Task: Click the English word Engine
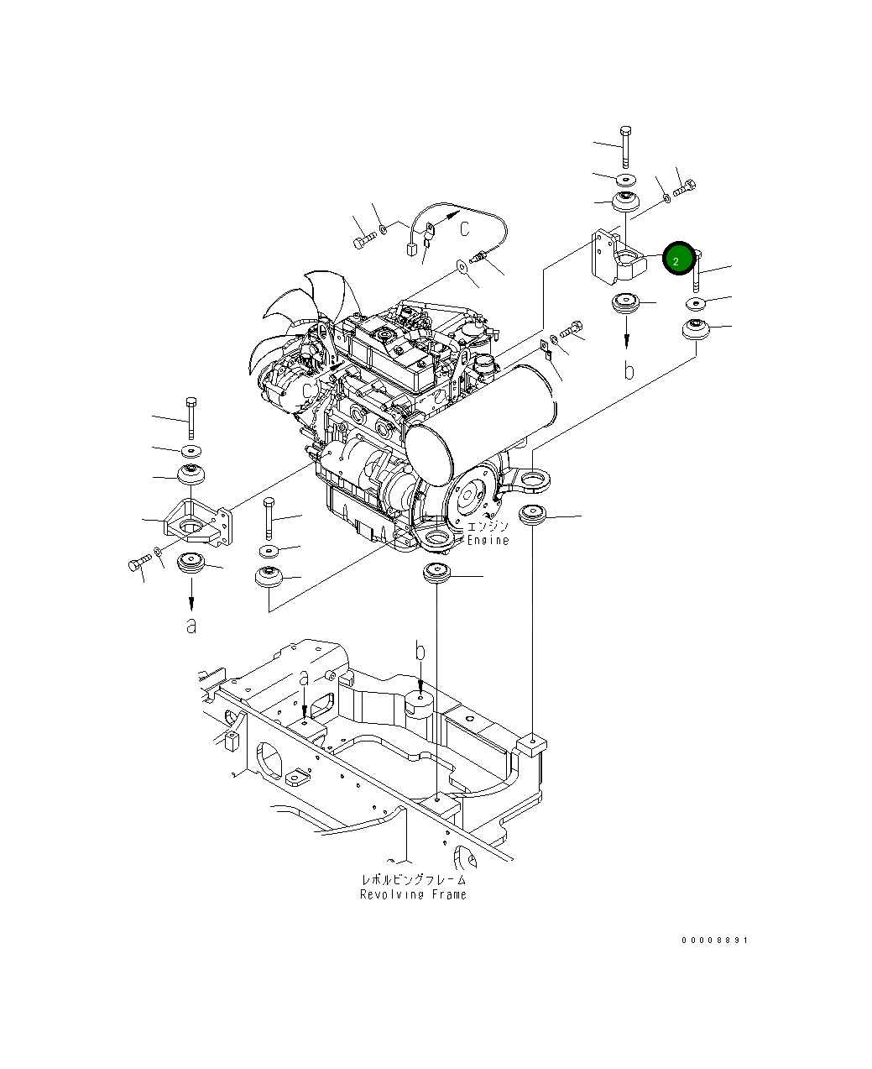(488, 540)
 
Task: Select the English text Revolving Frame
(413, 894)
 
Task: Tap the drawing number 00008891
(713, 941)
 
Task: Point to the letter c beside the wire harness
(463, 225)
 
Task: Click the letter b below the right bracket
(628, 369)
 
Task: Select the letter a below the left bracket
(191, 625)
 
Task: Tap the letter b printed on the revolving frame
(420, 651)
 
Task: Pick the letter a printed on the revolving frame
(304, 677)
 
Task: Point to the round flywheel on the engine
(473, 496)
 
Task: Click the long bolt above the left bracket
(191, 417)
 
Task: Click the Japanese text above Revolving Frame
(413, 879)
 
